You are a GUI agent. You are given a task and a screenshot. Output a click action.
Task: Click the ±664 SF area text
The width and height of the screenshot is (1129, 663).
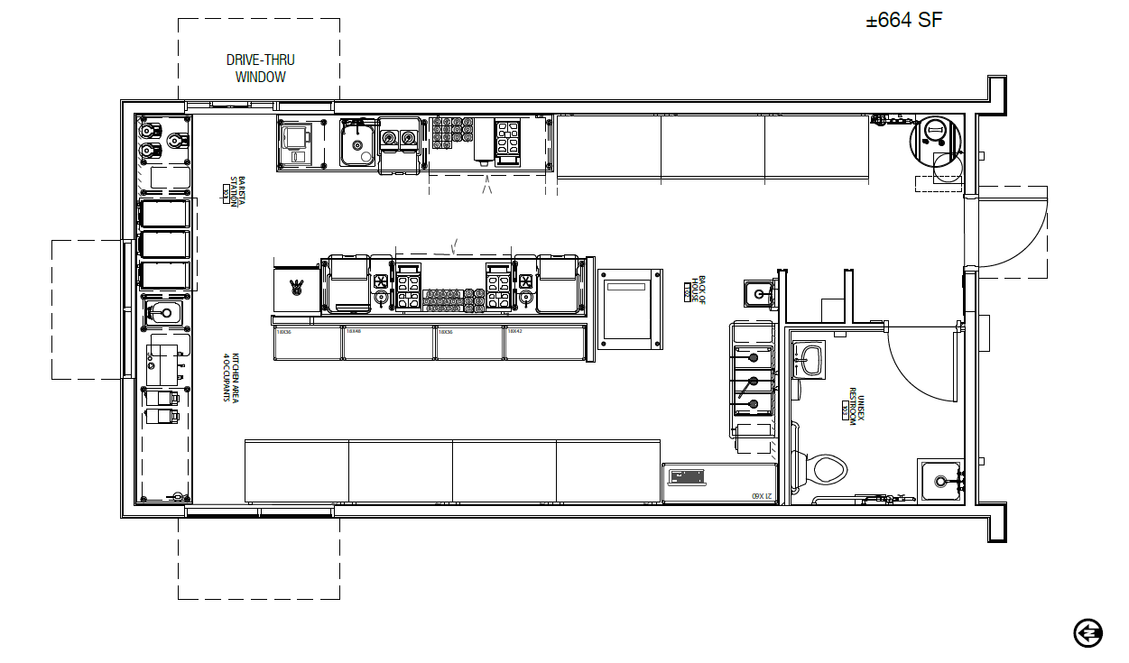pos(904,21)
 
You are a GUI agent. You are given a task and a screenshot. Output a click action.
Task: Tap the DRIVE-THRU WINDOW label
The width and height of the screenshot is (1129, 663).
pos(260,69)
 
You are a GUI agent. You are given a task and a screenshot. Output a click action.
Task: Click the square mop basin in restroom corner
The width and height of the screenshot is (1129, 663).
pos(941,481)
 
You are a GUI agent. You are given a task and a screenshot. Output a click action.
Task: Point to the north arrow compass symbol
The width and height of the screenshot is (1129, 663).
pos(1088,632)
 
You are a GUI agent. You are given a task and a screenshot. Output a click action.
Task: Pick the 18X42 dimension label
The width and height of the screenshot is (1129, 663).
pos(514,331)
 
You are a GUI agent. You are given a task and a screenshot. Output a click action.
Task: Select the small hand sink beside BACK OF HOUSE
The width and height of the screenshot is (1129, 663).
pos(758,292)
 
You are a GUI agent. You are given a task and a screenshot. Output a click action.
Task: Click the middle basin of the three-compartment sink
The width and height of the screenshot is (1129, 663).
pos(753,380)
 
